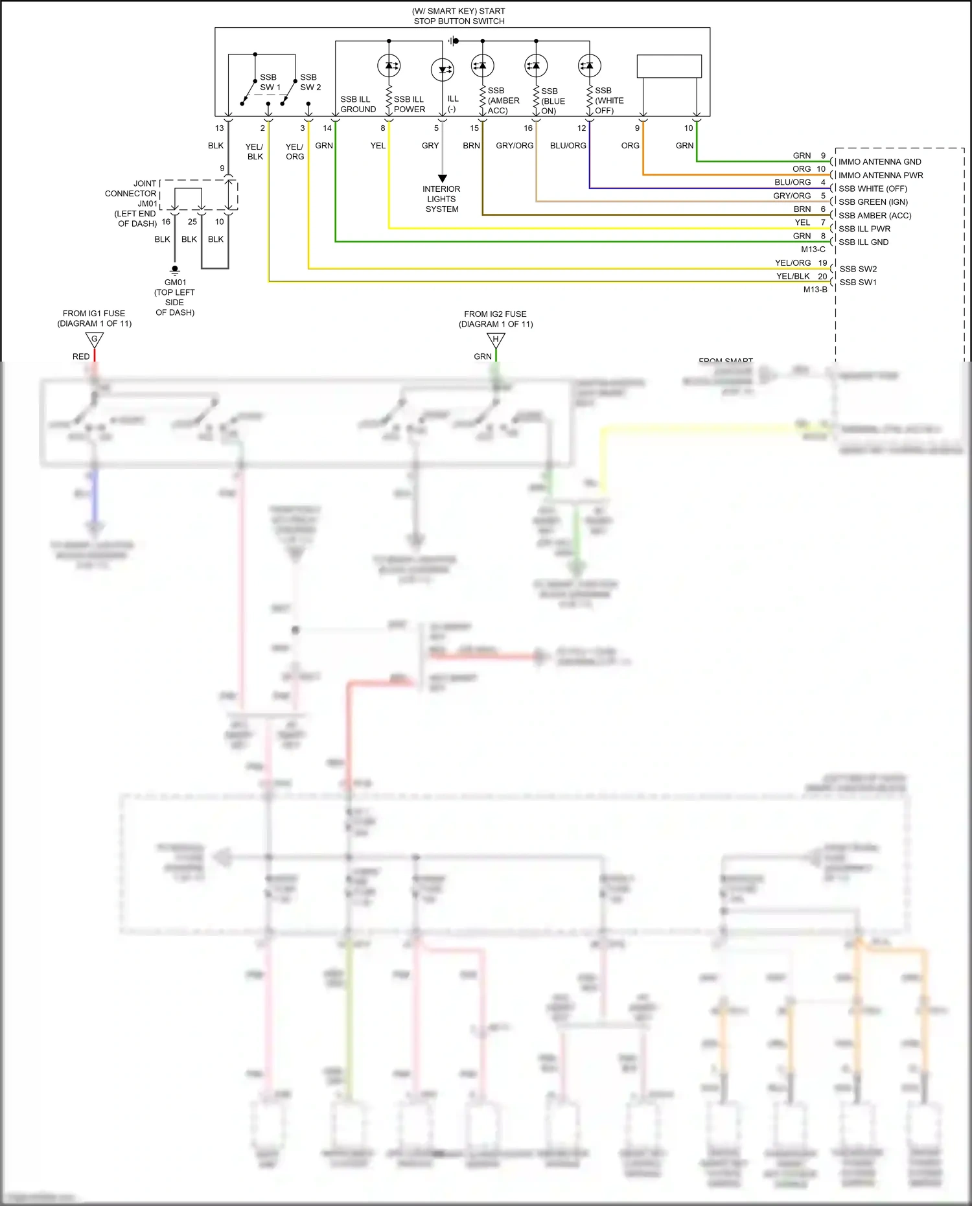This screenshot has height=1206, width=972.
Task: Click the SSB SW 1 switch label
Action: coord(269,82)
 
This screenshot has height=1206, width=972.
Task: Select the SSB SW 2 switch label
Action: coord(310,82)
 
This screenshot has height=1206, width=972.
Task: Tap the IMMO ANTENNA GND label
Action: coord(879,162)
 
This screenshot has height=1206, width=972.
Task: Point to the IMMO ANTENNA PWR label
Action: coord(880,175)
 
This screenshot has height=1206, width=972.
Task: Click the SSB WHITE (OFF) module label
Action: coord(872,189)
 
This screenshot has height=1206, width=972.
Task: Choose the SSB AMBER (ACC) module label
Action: coord(874,215)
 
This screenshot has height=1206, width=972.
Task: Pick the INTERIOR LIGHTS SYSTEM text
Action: coord(441,199)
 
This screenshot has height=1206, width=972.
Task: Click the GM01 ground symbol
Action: coord(174,270)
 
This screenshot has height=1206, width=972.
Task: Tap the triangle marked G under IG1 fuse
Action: coord(95,340)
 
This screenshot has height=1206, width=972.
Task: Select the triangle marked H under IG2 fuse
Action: coord(496,340)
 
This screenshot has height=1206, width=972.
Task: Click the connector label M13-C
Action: coord(813,249)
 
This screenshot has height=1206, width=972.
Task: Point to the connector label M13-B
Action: coord(815,290)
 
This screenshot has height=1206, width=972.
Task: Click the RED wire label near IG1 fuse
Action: coord(81,356)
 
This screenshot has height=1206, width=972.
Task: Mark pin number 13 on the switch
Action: coord(219,128)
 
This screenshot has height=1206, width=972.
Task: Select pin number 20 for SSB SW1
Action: coord(822,276)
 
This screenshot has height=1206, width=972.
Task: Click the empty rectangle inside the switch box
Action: coord(669,66)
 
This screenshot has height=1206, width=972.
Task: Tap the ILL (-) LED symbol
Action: coord(443,69)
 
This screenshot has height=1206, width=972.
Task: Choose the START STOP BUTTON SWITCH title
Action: coord(459,16)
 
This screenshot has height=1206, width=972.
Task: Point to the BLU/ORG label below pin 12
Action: coord(568,146)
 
